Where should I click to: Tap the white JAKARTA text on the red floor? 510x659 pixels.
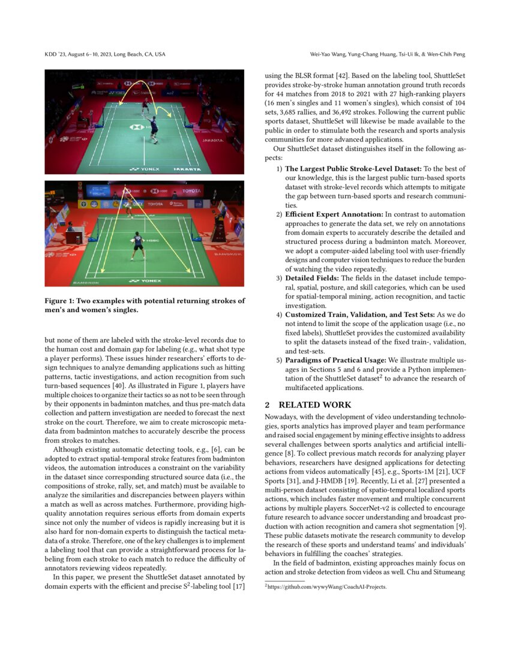coord(213,141)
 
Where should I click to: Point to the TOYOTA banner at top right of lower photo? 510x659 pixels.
coord(191,191)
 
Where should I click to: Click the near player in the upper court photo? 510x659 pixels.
coord(153,127)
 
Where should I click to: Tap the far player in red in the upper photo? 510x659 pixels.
coord(144,104)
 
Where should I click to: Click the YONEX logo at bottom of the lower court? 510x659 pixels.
coord(143,280)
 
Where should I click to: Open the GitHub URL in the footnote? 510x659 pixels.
coord(328,587)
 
